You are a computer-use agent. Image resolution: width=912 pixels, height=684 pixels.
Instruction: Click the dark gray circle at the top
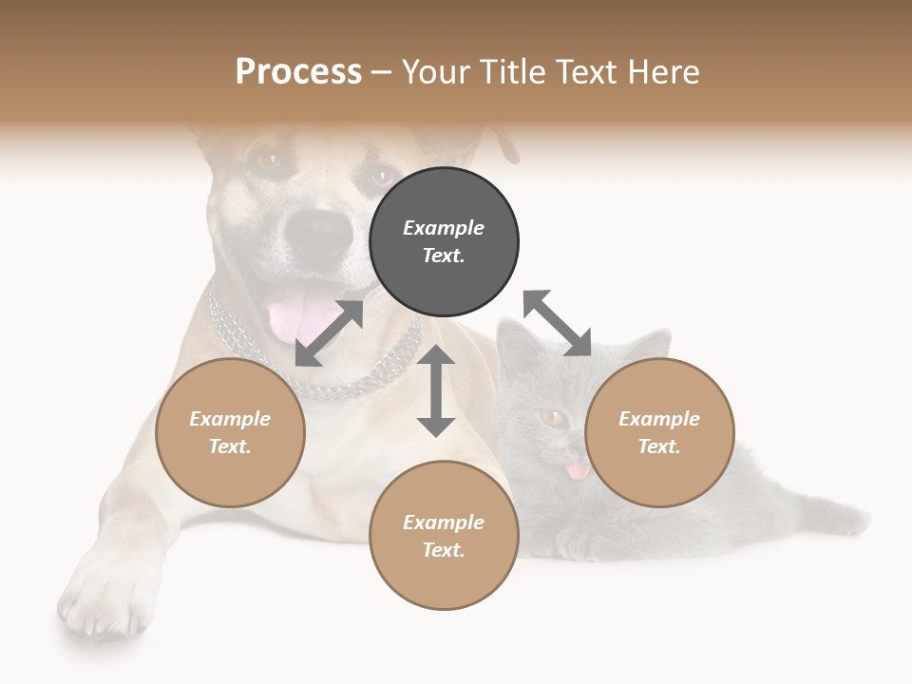444,242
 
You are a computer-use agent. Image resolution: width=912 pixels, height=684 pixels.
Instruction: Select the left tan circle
230,433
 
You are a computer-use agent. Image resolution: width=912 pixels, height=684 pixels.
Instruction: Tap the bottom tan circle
444,536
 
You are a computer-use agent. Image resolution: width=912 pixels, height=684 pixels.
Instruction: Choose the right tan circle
659,433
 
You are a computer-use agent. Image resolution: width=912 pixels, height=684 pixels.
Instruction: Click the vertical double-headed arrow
436,391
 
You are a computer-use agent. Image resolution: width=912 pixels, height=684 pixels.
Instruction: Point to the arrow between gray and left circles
330,333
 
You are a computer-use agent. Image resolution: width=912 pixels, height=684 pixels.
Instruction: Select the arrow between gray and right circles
557,323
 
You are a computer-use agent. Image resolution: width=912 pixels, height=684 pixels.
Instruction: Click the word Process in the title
298,71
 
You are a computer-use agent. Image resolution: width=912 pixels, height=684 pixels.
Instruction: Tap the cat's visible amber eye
552,416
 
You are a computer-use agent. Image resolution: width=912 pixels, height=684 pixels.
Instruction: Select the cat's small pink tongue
577,471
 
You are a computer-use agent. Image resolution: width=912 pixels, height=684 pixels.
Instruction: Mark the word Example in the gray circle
444,228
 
